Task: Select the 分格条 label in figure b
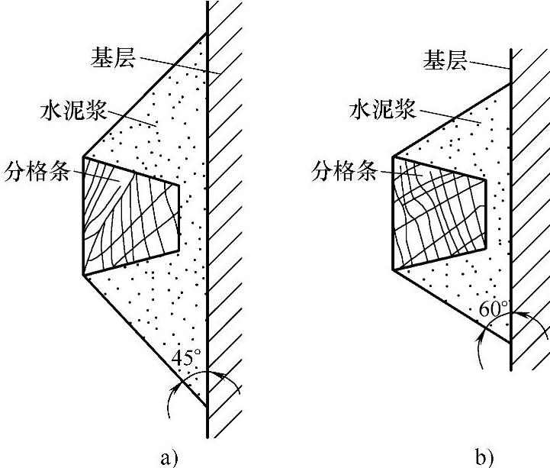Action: click(345, 171)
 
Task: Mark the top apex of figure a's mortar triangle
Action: click(205, 31)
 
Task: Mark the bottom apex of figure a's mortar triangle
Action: click(205, 405)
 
